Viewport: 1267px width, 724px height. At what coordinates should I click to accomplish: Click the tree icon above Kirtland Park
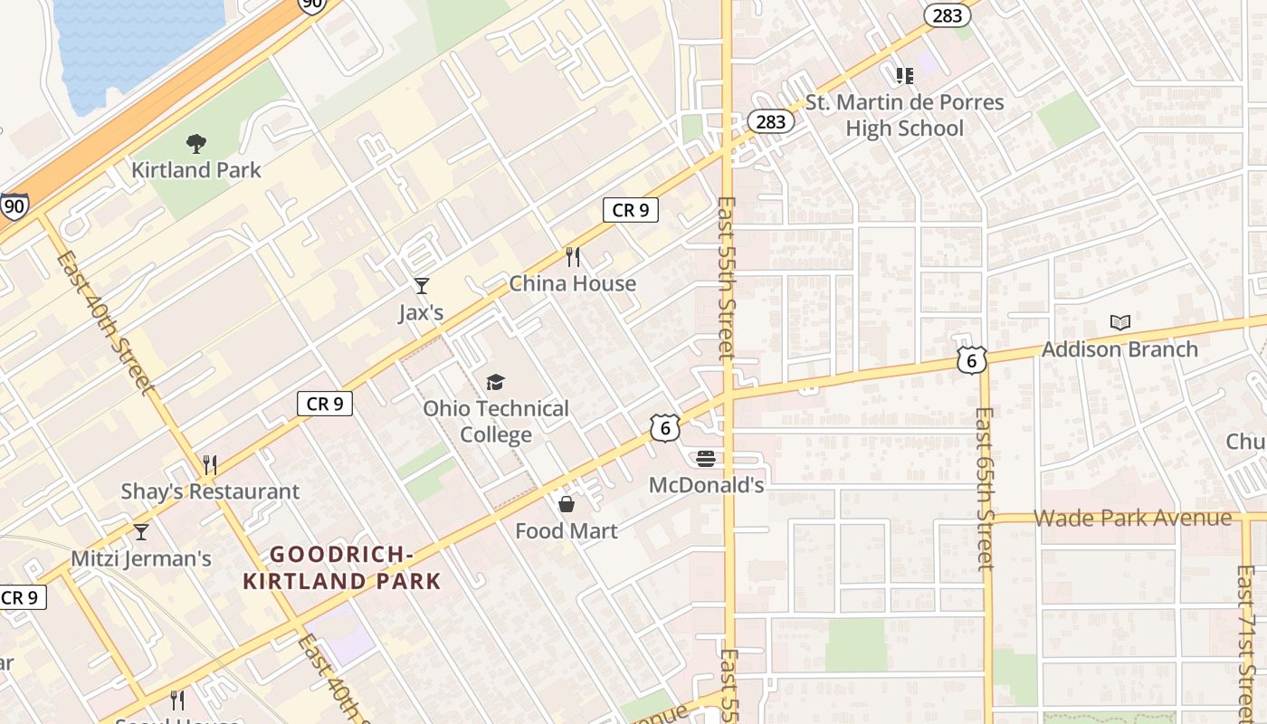tap(195, 143)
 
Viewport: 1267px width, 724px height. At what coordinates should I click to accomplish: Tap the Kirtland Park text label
tap(195, 170)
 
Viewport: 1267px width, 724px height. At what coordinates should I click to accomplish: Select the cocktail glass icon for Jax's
tap(421, 286)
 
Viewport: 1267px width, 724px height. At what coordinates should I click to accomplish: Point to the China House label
tap(572, 284)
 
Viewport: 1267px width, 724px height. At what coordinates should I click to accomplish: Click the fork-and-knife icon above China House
tap(572, 257)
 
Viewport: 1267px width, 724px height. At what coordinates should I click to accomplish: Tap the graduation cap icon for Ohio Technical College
tap(495, 383)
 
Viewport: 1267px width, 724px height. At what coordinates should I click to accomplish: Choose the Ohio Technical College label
tap(496, 422)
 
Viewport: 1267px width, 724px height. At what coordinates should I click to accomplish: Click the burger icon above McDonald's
tap(706, 459)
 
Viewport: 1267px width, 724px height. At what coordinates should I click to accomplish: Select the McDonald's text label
tap(706, 486)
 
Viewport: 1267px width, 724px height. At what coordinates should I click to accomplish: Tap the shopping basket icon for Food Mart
tap(567, 504)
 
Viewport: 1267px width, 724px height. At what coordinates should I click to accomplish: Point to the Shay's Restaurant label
tap(210, 492)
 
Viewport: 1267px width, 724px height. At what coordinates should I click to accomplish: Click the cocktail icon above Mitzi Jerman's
tap(140, 531)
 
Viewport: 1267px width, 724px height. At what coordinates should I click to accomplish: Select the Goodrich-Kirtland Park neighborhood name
tap(342, 567)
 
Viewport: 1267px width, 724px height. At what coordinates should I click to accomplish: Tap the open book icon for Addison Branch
tap(1119, 322)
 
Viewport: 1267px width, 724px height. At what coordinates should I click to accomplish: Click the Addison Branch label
tap(1119, 349)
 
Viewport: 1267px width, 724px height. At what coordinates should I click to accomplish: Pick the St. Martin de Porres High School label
tap(904, 115)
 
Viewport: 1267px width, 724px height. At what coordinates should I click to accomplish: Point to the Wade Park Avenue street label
tap(1132, 519)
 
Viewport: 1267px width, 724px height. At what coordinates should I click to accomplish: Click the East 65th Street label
tap(984, 489)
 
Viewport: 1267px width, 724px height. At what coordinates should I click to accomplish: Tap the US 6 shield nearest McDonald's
tap(664, 428)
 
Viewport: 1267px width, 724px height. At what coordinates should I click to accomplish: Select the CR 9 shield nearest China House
tap(630, 211)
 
